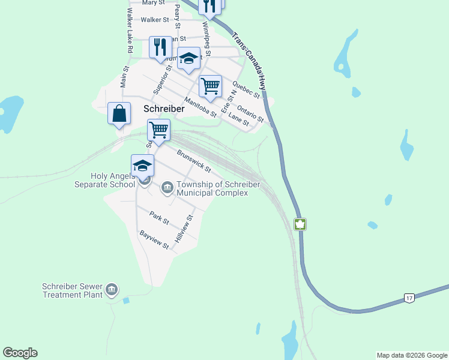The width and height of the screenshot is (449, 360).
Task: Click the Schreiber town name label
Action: pyautogui.click(x=164, y=109)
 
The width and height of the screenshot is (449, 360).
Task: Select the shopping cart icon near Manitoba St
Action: pyautogui.click(x=211, y=86)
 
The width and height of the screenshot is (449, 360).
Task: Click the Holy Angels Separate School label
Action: pyautogui.click(x=113, y=180)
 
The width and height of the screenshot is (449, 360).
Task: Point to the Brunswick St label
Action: pyautogui.click(x=194, y=160)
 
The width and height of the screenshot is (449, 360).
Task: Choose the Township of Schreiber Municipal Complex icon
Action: pyautogui.click(x=167, y=189)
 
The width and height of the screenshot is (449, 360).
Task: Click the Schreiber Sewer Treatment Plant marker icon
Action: pyautogui.click(x=112, y=290)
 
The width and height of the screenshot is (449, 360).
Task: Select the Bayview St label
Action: pyautogui.click(x=154, y=239)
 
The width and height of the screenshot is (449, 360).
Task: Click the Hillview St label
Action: pyautogui.click(x=184, y=229)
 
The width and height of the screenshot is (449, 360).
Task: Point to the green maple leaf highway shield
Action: pyautogui.click(x=300, y=224)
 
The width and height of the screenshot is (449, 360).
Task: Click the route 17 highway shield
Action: pyautogui.click(x=409, y=298)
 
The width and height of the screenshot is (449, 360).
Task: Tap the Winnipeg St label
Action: pyautogui.click(x=206, y=38)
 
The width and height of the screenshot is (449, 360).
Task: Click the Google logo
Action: pyautogui.click(x=20, y=353)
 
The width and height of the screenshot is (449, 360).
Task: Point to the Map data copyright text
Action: pyautogui.click(x=412, y=355)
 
